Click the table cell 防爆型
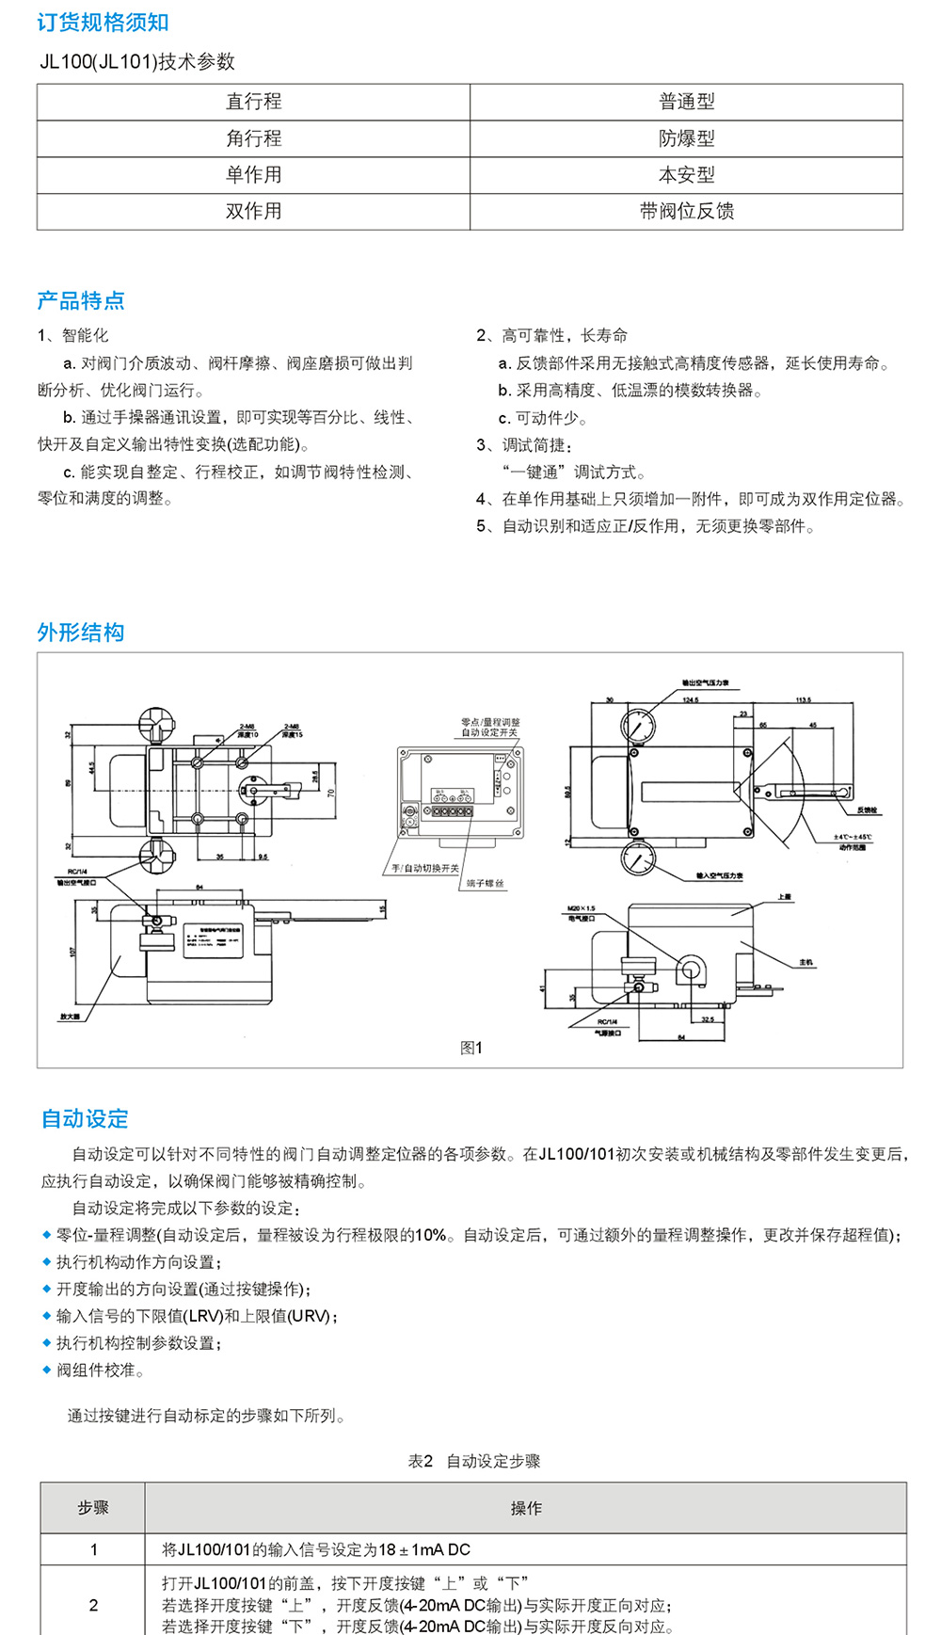tap(686, 138)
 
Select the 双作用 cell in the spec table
tap(253, 211)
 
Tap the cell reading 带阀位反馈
tap(686, 211)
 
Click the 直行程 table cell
tap(253, 102)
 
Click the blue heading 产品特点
tap(81, 300)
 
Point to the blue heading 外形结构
tap(81, 633)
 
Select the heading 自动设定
tap(85, 1118)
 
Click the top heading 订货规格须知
tap(103, 23)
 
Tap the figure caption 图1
tap(470, 1048)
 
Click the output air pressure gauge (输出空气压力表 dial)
tap(639, 727)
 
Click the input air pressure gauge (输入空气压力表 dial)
tap(639, 859)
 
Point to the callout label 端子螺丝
tap(485, 884)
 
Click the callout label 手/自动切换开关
tap(425, 868)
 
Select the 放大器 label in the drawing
tap(71, 1017)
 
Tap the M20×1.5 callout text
tap(582, 908)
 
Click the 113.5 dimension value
tap(803, 700)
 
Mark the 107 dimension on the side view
tap(72, 952)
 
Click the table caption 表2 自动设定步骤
tap(474, 1461)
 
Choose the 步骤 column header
tap(93, 1508)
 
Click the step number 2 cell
tap(93, 1605)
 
